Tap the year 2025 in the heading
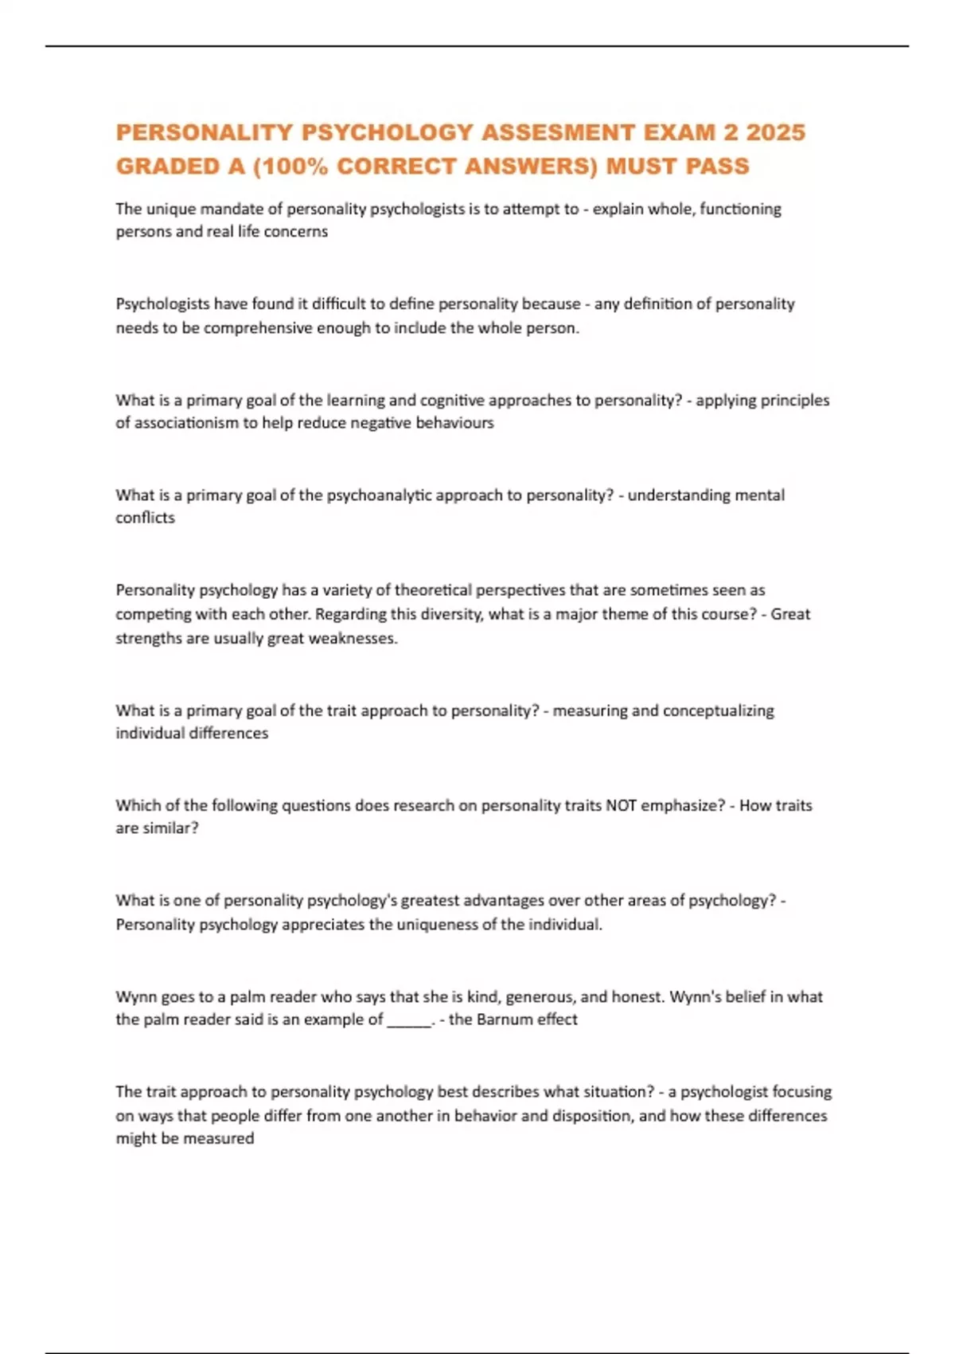click(776, 132)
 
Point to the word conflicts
click(145, 518)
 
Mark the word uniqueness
click(439, 925)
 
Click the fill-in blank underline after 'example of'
click(408, 1020)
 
